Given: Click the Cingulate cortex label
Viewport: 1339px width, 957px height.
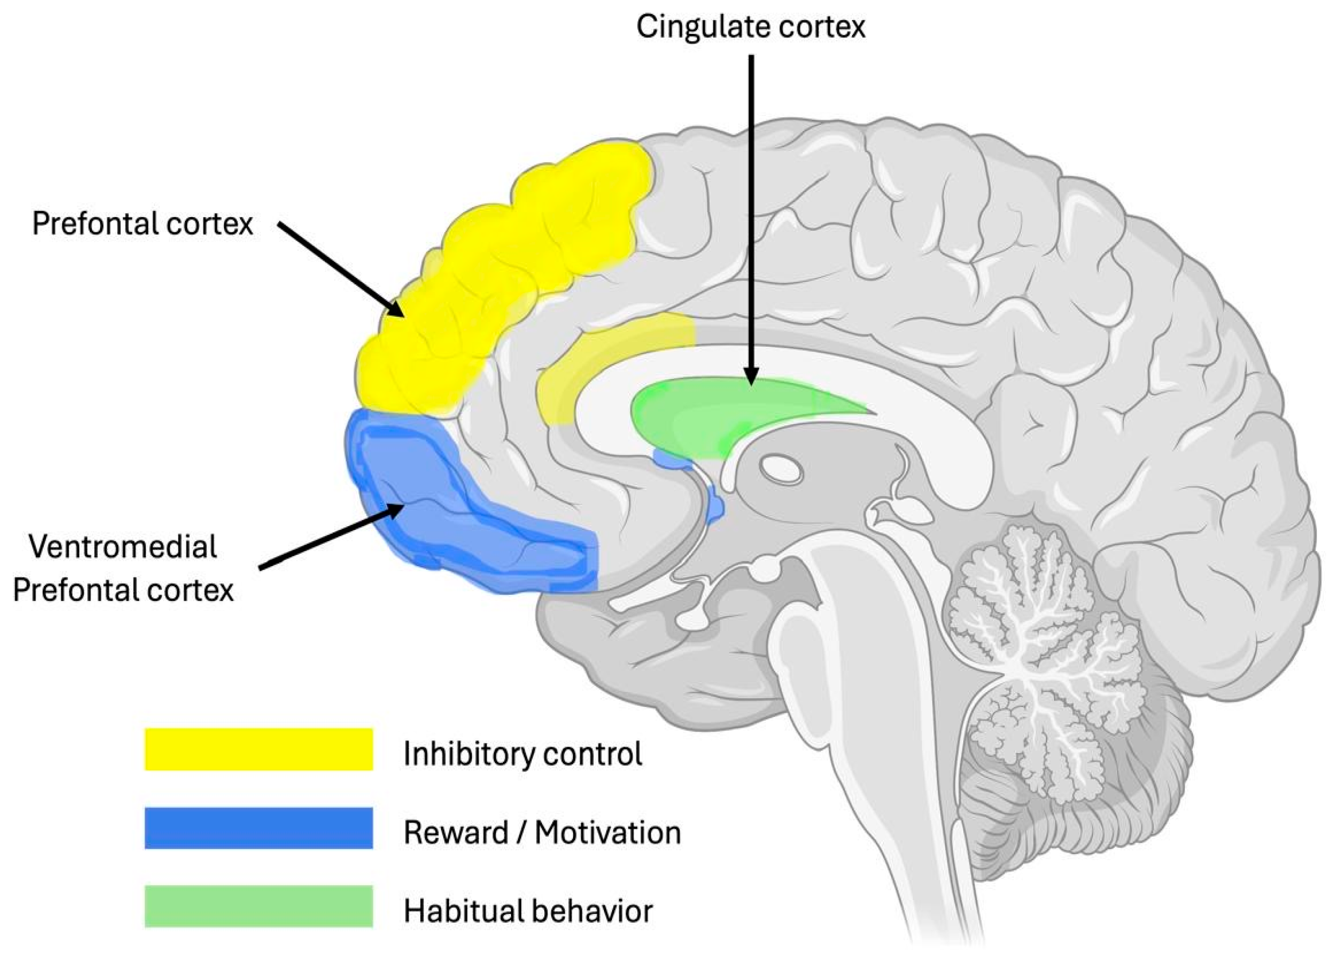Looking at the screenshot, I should coord(750,27).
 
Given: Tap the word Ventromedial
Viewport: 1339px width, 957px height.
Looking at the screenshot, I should coord(123,546).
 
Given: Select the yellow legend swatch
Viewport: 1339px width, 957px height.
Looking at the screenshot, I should coord(259,749).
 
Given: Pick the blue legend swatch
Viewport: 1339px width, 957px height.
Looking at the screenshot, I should coord(259,827).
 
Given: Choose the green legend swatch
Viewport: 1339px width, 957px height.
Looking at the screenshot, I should coord(259,906).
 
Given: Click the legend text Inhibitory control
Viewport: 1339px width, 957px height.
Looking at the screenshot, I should coord(523,753).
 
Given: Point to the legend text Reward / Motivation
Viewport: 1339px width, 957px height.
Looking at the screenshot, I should coord(542,832).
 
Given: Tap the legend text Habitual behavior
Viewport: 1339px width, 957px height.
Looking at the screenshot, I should coord(528,910).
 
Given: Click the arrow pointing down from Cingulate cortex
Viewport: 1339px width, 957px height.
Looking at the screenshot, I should coord(751,218).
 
